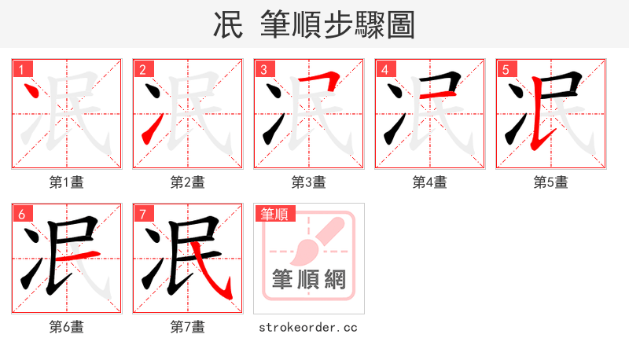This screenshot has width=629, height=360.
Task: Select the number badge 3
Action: pos(264,69)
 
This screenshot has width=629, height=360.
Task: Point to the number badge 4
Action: pos(385,69)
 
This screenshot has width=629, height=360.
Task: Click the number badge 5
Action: pos(506,69)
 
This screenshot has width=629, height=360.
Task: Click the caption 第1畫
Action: pos(66,182)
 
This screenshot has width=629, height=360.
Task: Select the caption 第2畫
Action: pos(187,182)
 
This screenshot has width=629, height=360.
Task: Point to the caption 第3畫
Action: pos(308,182)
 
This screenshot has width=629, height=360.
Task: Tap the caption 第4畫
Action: pos(429,182)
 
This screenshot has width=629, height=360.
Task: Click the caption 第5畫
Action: pos(550,182)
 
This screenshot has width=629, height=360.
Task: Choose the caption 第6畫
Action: pos(66,326)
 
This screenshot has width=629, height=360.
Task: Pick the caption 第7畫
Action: pos(187,326)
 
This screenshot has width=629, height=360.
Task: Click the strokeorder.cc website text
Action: pos(308,326)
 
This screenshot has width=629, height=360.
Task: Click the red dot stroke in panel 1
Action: pos(33,91)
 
